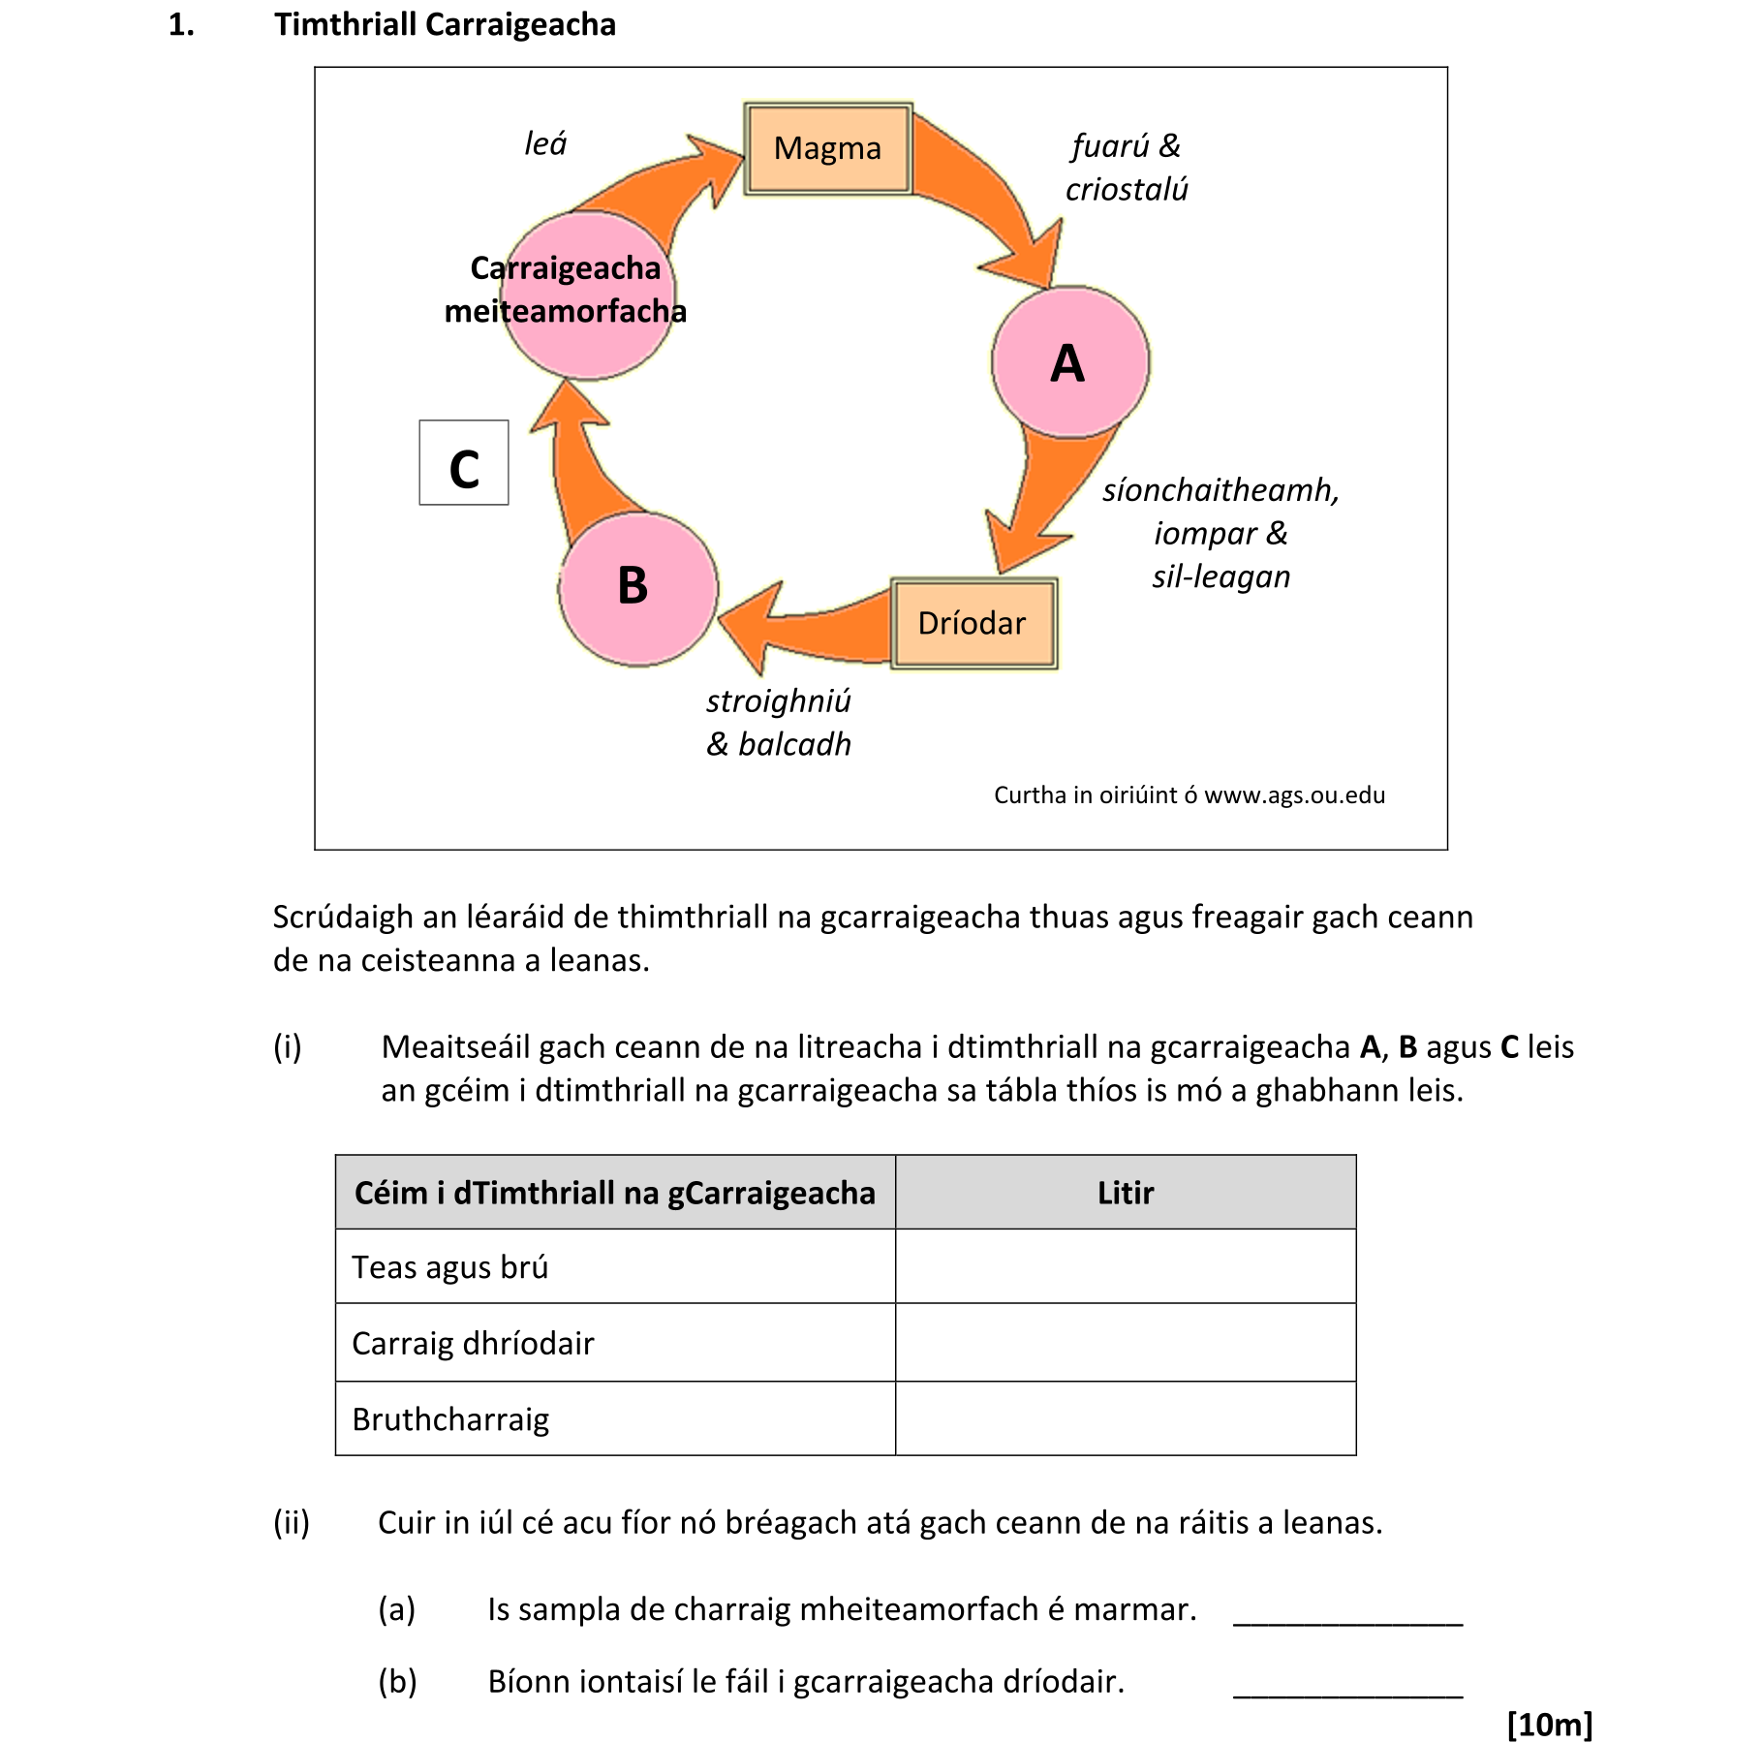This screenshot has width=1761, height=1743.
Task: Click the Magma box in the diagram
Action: tap(827, 148)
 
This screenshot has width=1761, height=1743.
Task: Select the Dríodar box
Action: tap(973, 623)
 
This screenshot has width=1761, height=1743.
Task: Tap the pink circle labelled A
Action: tap(1069, 362)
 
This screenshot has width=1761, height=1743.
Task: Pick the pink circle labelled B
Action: tap(636, 587)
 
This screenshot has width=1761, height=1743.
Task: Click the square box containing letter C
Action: tap(463, 463)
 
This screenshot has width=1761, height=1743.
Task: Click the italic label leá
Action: tap(544, 144)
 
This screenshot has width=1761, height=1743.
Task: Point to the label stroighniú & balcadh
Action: tap(778, 723)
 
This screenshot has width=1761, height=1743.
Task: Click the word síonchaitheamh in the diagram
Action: tap(1220, 490)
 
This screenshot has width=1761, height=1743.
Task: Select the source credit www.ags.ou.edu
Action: tap(1293, 795)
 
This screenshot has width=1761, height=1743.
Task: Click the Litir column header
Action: tap(1125, 1193)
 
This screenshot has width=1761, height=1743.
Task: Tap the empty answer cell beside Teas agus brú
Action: tap(1125, 1266)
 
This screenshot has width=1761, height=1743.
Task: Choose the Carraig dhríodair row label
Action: tap(473, 1343)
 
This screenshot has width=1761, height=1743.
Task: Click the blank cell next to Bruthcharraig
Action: tap(1125, 1418)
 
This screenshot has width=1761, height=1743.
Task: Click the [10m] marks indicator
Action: tap(1549, 1725)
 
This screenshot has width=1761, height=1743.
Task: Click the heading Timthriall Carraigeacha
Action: tap(445, 24)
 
